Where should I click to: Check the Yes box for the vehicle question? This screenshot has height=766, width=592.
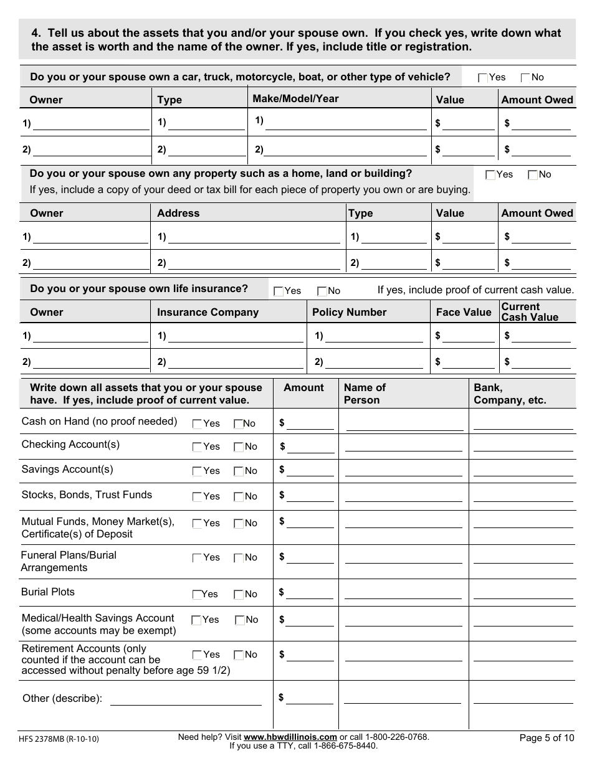point(482,78)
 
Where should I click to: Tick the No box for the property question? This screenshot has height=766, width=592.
point(532,175)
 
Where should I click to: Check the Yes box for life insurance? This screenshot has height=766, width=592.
point(279,291)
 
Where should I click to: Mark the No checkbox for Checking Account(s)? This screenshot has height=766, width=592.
point(238,447)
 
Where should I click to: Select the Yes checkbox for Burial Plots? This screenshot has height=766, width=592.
point(197,594)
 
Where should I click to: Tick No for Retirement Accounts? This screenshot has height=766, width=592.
point(238,655)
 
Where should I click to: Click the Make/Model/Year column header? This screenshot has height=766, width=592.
point(295,98)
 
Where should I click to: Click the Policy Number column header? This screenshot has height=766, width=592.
point(349,312)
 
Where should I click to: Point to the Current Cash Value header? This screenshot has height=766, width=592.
point(530,311)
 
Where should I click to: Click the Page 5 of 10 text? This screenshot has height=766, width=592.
point(547,738)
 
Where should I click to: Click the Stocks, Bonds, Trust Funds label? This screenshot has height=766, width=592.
point(87,494)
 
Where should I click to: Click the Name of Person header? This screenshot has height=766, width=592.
point(365,394)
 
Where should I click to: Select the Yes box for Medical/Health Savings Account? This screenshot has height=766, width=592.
point(196,620)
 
